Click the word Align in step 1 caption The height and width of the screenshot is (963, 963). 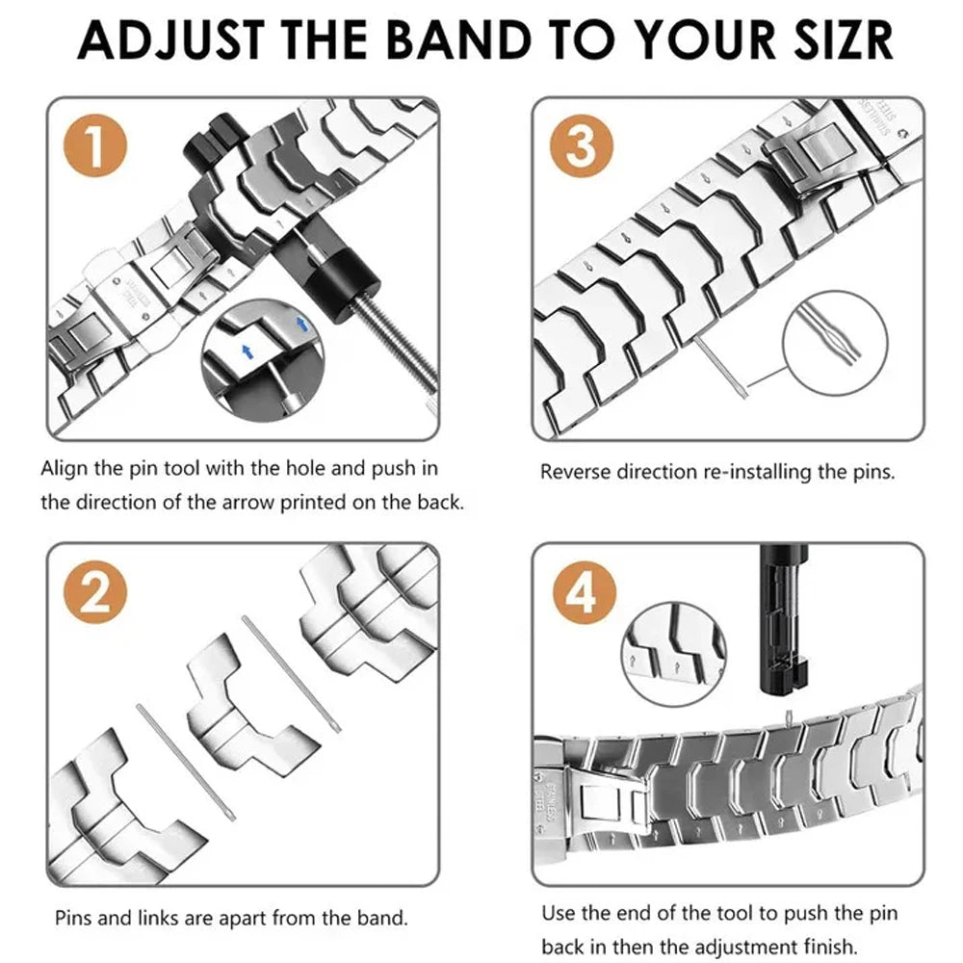(64, 469)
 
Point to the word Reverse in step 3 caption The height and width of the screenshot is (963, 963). (575, 472)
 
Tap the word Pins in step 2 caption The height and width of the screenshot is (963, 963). (73, 917)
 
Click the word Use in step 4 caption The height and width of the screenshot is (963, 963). (558, 913)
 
